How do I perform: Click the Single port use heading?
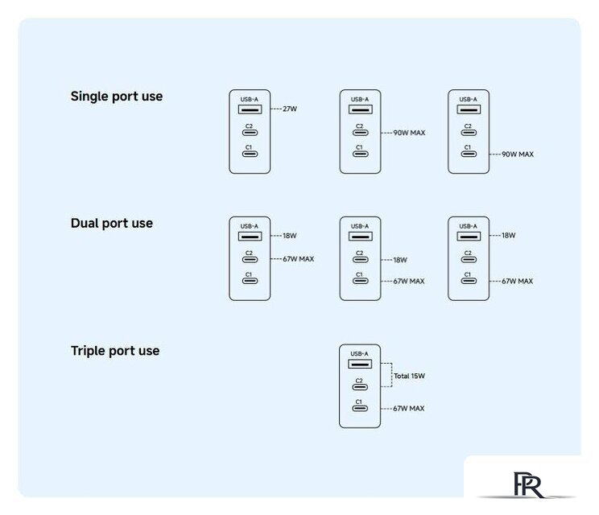117,97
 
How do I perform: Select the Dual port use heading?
112,224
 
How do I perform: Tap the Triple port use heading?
115,351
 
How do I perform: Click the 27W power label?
290,109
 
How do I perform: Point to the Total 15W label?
409,376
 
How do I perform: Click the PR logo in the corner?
528,485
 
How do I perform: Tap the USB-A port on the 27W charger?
250,109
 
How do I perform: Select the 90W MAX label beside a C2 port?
409,133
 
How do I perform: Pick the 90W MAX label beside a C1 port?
518,154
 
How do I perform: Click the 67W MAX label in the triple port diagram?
409,409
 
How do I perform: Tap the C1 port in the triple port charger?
360,409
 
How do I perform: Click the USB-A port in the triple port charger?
360,364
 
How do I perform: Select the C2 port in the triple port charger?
360,387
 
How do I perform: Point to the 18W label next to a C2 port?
400,260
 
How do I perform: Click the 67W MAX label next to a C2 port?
299,259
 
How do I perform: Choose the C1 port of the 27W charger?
250,154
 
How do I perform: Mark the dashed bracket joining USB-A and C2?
391,375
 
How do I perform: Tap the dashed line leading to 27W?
276,109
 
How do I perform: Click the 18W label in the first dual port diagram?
290,236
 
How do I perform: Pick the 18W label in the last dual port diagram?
509,236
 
